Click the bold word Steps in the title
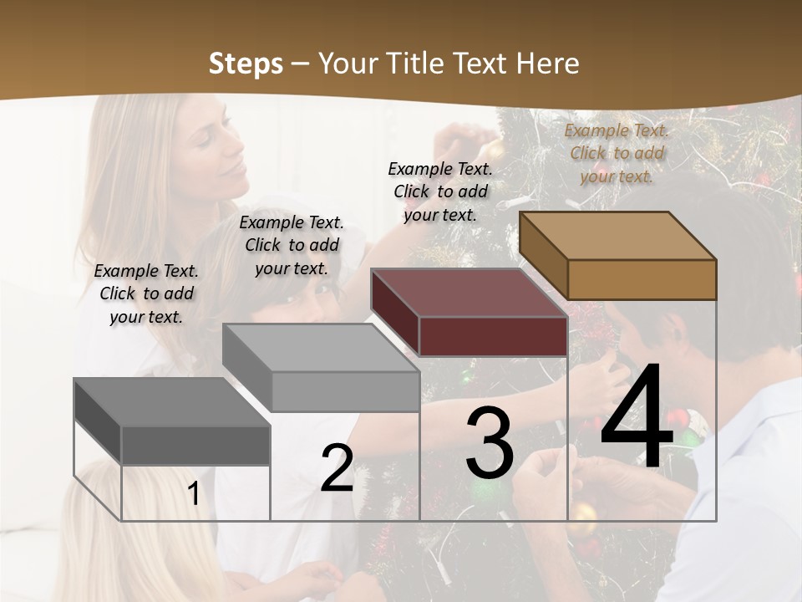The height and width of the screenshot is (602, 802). pyautogui.click(x=246, y=64)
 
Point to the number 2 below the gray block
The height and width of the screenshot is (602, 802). pyautogui.click(x=337, y=469)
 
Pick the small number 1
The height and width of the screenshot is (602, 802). pyautogui.click(x=193, y=494)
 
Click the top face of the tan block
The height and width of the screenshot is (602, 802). pyautogui.click(x=617, y=236)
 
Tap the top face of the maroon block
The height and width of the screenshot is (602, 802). pyautogui.click(x=468, y=293)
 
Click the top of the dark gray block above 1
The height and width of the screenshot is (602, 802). pyautogui.click(x=171, y=402)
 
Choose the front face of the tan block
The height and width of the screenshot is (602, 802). pyautogui.click(x=642, y=279)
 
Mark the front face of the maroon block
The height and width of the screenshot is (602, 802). pyautogui.click(x=493, y=336)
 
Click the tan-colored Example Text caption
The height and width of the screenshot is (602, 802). pyautogui.click(x=617, y=153)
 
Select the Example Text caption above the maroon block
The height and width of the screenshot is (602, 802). pyautogui.click(x=440, y=191)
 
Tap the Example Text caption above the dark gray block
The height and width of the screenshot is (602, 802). pyautogui.click(x=146, y=293)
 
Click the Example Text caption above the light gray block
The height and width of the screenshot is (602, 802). pyautogui.click(x=292, y=245)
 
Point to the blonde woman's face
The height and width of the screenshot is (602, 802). pyautogui.click(x=221, y=150)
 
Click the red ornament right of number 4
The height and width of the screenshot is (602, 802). pyautogui.click(x=678, y=417)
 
